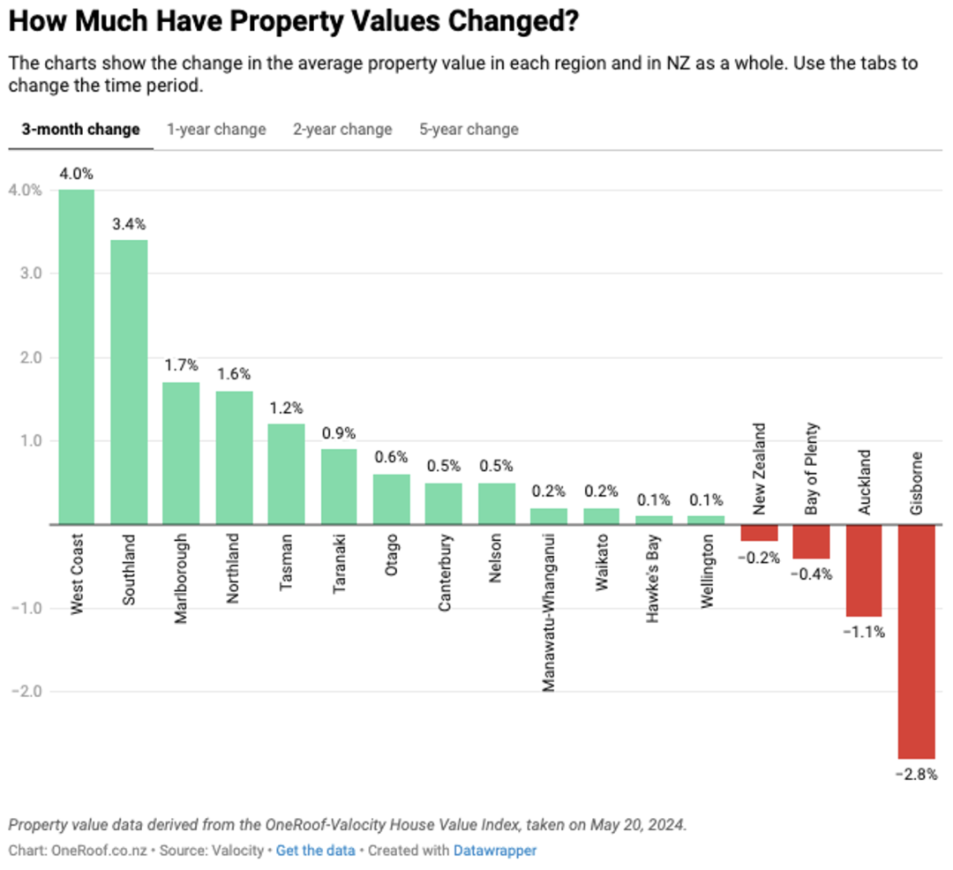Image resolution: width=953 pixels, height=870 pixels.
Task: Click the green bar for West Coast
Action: pos(77,356)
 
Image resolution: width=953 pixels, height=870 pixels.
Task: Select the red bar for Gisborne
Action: pos(917,641)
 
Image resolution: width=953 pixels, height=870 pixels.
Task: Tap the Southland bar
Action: pos(129,382)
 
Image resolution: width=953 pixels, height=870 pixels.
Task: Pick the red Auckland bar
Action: pos(864,571)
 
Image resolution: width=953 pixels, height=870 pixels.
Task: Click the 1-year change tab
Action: pos(216,130)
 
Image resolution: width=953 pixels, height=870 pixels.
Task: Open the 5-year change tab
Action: pos(469,130)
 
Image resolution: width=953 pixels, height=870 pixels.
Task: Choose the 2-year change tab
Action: pos(342,130)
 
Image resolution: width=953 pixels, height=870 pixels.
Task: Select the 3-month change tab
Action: pos(81,130)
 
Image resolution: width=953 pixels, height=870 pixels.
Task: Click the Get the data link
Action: pos(315,851)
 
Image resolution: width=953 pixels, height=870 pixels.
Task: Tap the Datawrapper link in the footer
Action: pos(495,851)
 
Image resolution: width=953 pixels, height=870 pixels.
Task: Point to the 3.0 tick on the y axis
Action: pos(31,274)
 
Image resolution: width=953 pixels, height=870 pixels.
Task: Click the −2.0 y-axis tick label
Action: pos(26,692)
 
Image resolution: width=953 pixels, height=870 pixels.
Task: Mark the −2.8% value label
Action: pos(917,775)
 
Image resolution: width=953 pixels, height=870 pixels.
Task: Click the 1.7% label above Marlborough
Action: pos(181,365)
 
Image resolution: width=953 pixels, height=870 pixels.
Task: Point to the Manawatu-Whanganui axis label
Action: pos(548,612)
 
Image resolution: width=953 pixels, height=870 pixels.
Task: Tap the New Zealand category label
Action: pos(759,469)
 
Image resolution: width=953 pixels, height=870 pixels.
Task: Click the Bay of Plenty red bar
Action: pos(812,541)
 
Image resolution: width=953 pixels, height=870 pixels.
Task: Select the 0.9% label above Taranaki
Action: pos(339,433)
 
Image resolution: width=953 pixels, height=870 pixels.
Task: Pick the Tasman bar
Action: pos(286,474)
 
